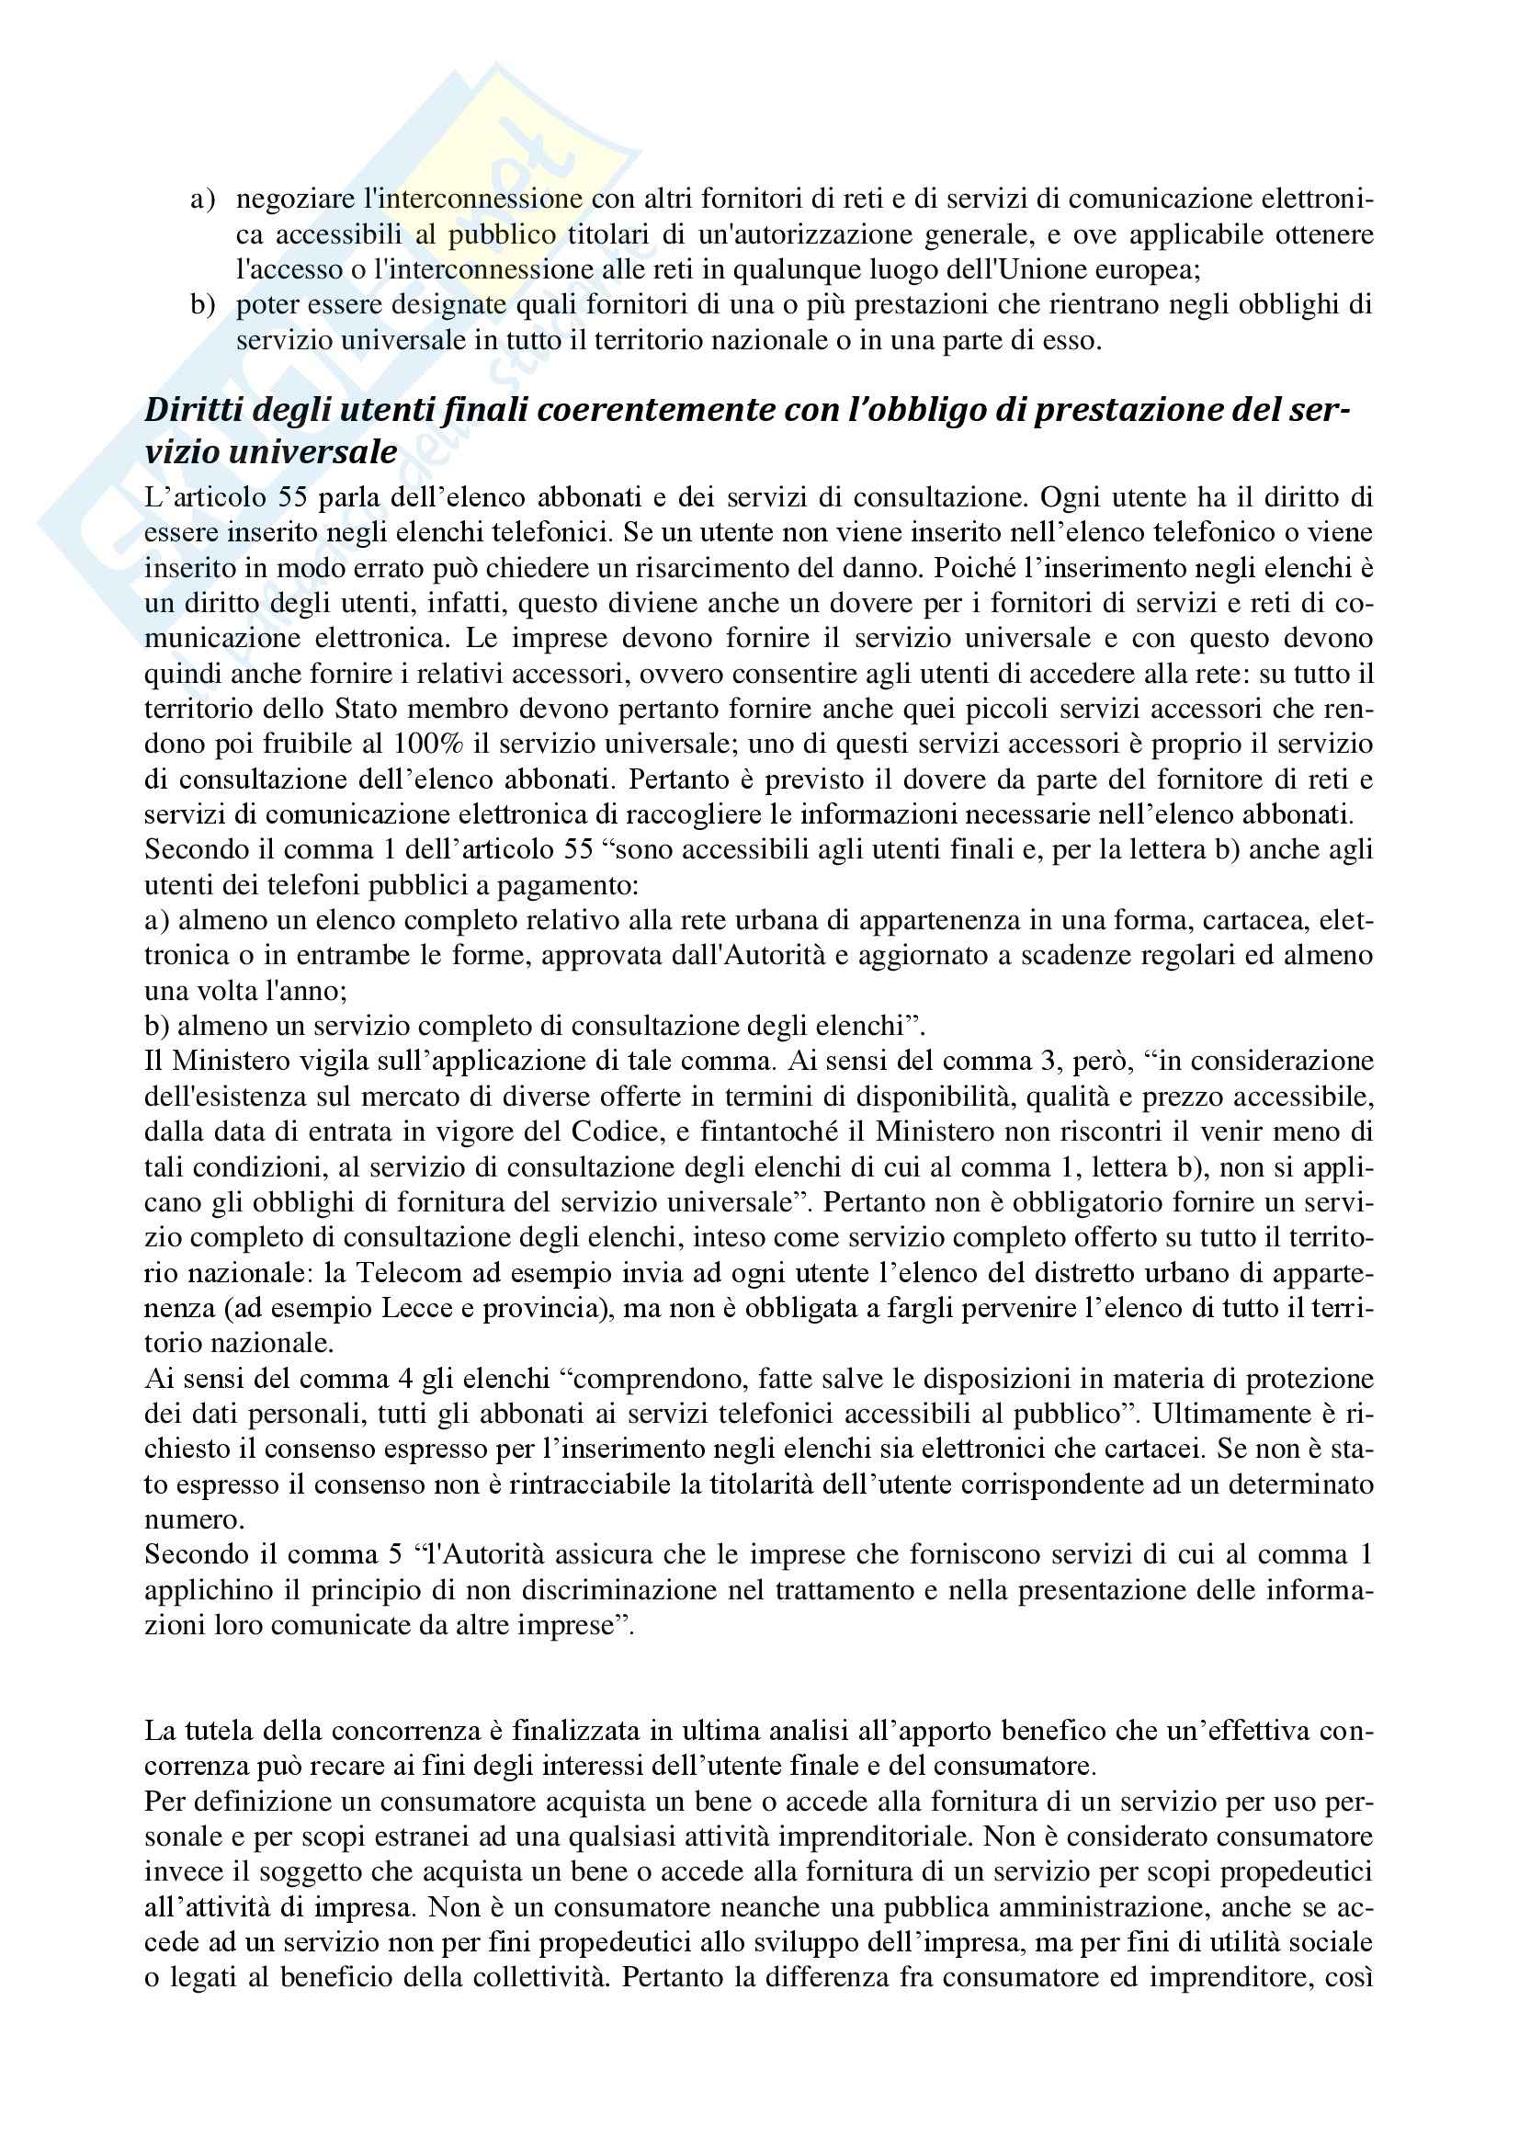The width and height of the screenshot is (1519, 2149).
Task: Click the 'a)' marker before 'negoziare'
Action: [202, 199]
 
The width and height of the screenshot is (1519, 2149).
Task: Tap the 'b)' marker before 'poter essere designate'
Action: [202, 305]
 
